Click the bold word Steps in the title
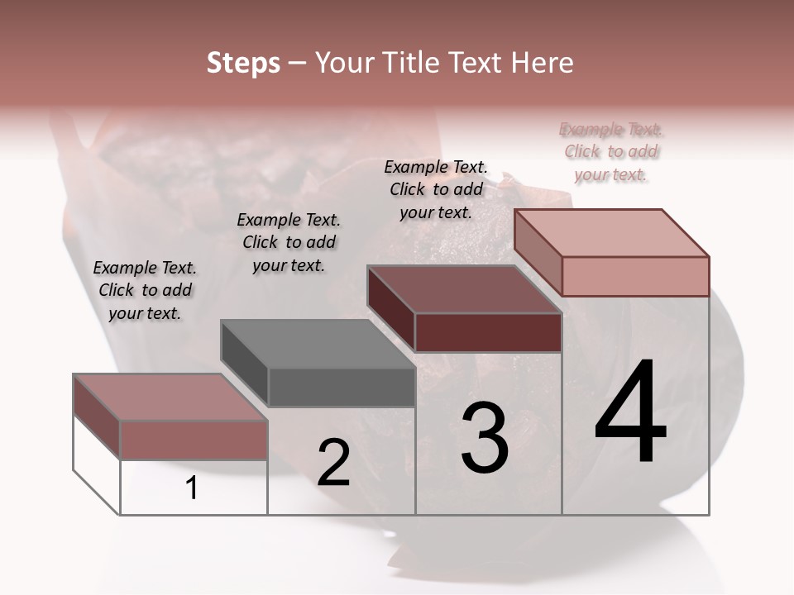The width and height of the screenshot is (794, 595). [243, 63]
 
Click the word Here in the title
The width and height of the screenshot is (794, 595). [539, 63]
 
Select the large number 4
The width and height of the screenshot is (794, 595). [630, 413]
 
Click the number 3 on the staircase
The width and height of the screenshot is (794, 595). [485, 438]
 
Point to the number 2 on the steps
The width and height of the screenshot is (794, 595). [334, 463]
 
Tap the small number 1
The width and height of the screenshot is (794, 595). [192, 488]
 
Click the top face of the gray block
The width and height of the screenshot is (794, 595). [318, 344]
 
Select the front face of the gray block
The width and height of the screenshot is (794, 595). [342, 388]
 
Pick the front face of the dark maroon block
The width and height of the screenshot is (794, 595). [488, 333]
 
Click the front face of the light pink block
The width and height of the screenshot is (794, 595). [635, 276]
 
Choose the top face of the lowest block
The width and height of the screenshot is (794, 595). [170, 397]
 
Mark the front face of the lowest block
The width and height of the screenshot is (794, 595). [194, 440]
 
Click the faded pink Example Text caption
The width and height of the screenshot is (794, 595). [611, 151]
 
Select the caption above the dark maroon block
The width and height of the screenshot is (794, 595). [436, 189]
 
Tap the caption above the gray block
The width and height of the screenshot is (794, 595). [289, 242]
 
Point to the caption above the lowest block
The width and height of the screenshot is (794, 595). [145, 290]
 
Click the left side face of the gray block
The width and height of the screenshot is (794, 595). [245, 364]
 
